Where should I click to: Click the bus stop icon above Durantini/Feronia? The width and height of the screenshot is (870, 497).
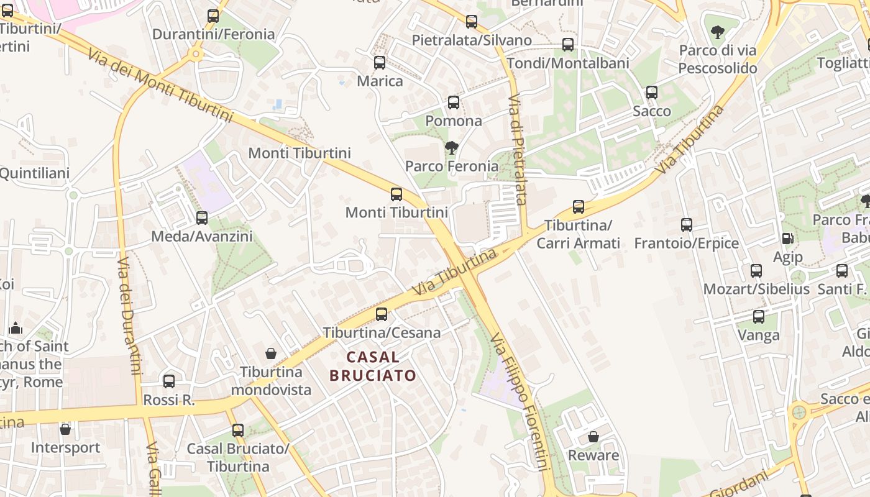pyautogui.click(x=213, y=16)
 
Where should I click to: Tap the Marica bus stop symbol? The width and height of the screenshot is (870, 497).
pyautogui.click(x=380, y=63)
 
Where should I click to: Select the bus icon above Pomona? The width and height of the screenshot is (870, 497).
pyautogui.click(x=454, y=103)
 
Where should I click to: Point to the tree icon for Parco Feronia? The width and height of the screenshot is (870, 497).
pyautogui.click(x=452, y=148)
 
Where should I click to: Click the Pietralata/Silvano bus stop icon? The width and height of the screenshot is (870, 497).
pyautogui.click(x=472, y=22)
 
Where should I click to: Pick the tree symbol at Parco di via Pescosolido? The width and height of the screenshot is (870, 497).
pyautogui.click(x=718, y=32)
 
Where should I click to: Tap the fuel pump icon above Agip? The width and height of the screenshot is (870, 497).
pyautogui.click(x=787, y=238)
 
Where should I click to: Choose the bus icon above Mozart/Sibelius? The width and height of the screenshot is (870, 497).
pyautogui.click(x=756, y=271)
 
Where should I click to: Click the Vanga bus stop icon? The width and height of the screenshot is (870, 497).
pyautogui.click(x=759, y=317)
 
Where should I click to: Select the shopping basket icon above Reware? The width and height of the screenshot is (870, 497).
pyautogui.click(x=593, y=437)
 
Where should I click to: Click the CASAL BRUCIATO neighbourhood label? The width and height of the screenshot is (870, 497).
pyautogui.click(x=373, y=366)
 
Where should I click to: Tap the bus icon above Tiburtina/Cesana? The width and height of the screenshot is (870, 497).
pyautogui.click(x=382, y=314)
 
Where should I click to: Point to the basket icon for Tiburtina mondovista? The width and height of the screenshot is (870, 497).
pyautogui.click(x=271, y=353)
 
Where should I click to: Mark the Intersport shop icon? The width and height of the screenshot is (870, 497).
pyautogui.click(x=65, y=429)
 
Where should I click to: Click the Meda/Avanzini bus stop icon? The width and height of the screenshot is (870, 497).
pyautogui.click(x=202, y=218)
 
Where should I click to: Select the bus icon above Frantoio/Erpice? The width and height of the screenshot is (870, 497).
pyautogui.click(x=687, y=225)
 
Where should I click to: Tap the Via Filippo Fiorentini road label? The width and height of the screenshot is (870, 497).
pyautogui.click(x=520, y=401)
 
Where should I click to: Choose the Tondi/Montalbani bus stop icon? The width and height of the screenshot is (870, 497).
pyautogui.click(x=568, y=45)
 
